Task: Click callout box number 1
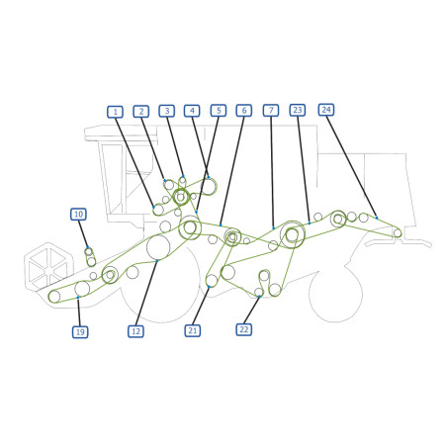115,112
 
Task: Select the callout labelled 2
141,112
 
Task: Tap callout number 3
167,111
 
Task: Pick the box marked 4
192,111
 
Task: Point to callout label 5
219,111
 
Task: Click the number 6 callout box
244,110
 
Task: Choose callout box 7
271,110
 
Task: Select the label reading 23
298,110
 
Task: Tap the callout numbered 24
326,110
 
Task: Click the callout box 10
78,215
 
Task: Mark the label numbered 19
80,332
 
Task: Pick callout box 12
135,331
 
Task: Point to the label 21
193,330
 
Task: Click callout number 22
244,329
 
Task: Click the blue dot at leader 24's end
377,218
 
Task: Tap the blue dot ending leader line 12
157,261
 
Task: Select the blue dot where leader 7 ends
273,227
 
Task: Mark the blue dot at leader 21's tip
209,287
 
